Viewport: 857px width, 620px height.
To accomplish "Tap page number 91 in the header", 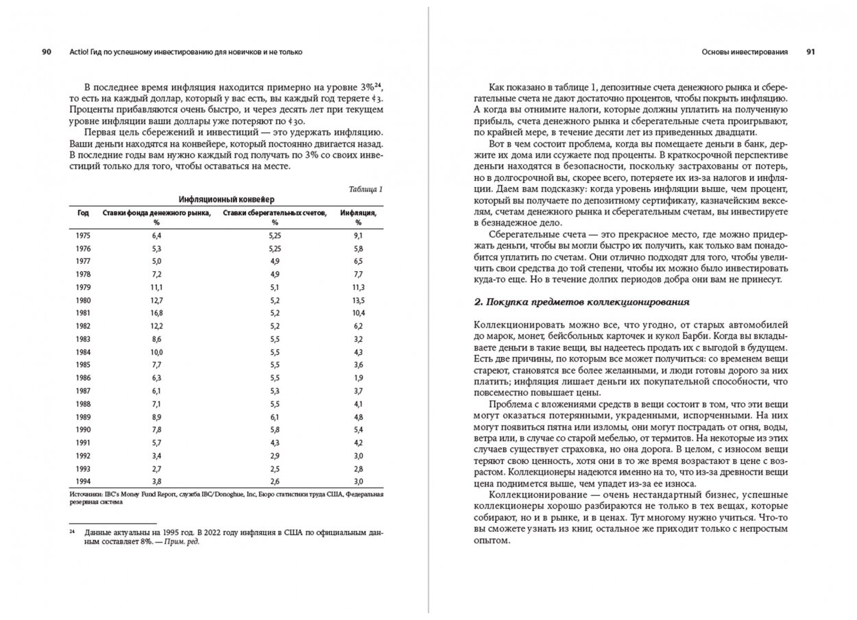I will pyautogui.click(x=810, y=52).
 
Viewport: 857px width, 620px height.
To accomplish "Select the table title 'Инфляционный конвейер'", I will pyautogui.click(x=226, y=199).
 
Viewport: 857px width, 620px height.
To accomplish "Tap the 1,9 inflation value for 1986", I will pyautogui.click(x=357, y=377).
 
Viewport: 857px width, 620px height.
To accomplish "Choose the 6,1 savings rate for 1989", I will pyautogui.click(x=276, y=416).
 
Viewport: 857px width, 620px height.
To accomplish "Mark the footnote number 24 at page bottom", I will pyautogui.click(x=71, y=532).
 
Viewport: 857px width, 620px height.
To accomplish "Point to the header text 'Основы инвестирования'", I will pyautogui.click(x=745, y=52).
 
